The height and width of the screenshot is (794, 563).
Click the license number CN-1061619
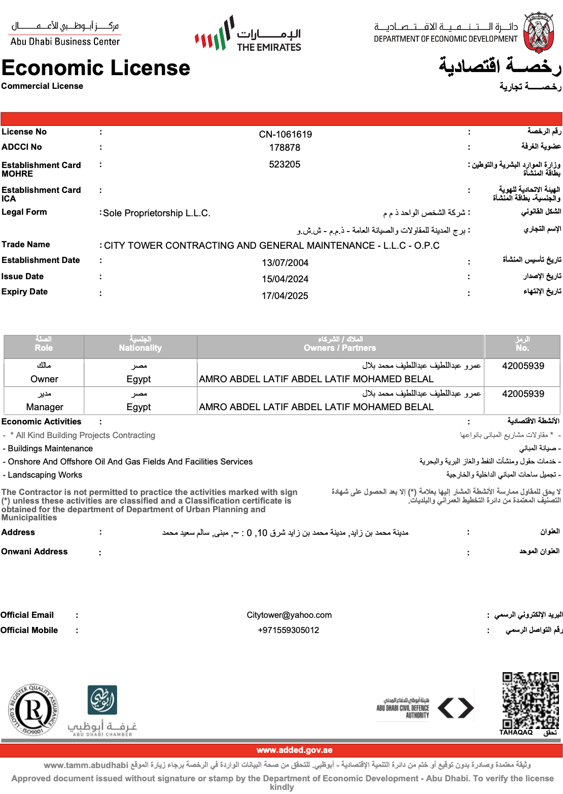coord(285,135)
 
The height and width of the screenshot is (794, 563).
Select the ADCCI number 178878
coord(285,148)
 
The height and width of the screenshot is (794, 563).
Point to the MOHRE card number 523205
coord(285,164)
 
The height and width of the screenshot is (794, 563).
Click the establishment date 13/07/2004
coord(285,263)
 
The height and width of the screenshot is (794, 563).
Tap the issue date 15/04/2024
coord(285,279)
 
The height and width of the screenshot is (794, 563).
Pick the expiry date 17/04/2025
coord(285,296)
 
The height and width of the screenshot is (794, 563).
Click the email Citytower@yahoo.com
coord(289,615)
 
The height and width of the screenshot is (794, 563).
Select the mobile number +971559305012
coord(288,631)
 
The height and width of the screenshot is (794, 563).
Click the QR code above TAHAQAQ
coord(531,701)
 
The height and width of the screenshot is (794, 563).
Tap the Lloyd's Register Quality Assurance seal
coord(33,710)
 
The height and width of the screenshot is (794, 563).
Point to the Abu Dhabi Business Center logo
coord(65,34)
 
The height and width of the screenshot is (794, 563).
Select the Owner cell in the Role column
coord(44,379)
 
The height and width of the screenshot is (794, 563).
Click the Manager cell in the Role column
coord(45,407)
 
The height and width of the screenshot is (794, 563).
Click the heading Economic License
coord(96,68)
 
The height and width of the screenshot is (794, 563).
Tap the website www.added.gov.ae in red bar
coord(294,750)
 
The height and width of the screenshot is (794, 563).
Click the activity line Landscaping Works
coord(45,475)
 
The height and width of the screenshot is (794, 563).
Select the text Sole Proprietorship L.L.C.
coord(157,213)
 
